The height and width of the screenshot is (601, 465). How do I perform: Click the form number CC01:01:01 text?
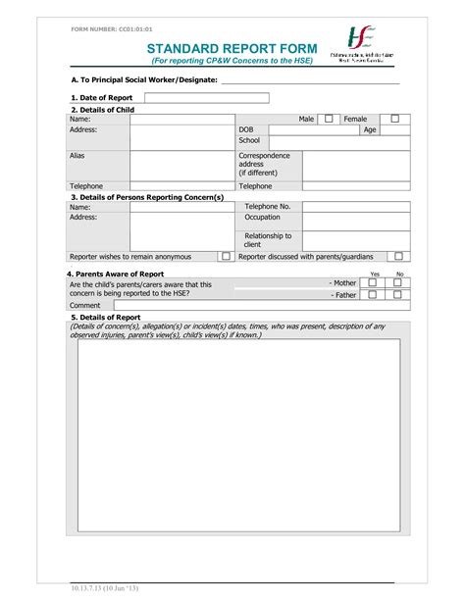coord(112,29)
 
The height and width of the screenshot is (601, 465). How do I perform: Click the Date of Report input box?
coord(207,98)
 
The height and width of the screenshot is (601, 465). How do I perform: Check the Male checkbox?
coord(329,119)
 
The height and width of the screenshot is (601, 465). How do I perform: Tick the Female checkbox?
coord(395,119)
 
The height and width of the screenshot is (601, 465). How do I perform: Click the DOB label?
coord(247,129)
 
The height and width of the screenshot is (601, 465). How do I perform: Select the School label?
coord(249,141)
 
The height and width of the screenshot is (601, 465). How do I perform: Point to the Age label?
coord(370,129)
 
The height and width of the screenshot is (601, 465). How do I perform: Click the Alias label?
coord(77,155)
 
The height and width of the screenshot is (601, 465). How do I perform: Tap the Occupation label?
coord(262,218)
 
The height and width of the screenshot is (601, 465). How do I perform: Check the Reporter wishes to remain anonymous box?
coord(226,257)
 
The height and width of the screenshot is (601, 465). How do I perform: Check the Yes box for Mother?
coord(373,282)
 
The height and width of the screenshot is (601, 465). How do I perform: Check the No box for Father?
coord(398,294)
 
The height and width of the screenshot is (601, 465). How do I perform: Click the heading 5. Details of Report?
coord(106,318)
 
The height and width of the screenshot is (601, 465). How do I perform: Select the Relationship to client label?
coord(268,240)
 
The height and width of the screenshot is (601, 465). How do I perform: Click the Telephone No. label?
coord(267,207)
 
